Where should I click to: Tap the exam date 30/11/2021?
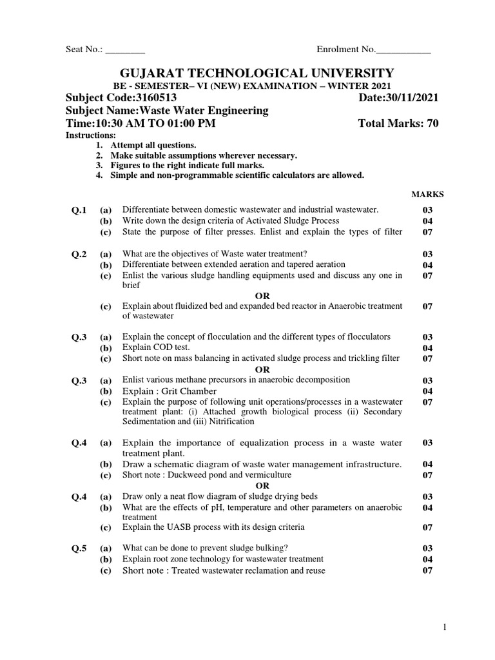click(x=411, y=97)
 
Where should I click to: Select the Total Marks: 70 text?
click(x=398, y=124)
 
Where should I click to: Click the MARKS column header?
click(x=427, y=194)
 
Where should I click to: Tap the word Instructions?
click(x=91, y=135)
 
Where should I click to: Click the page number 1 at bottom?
click(x=445, y=626)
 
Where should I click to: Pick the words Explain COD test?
click(x=156, y=347)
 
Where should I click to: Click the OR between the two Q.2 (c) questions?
click(x=262, y=296)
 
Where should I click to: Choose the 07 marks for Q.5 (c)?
click(x=427, y=570)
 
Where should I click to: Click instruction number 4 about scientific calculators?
click(x=237, y=175)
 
